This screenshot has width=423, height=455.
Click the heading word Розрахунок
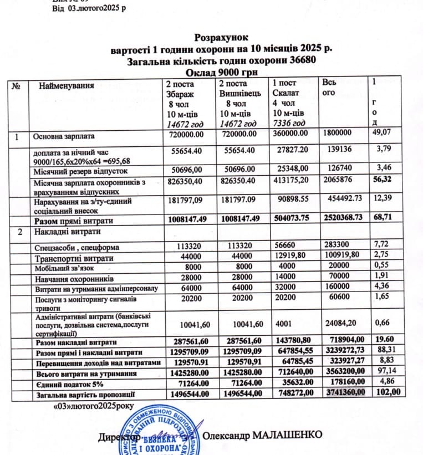(222, 38)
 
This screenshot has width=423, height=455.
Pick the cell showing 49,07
(384, 133)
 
